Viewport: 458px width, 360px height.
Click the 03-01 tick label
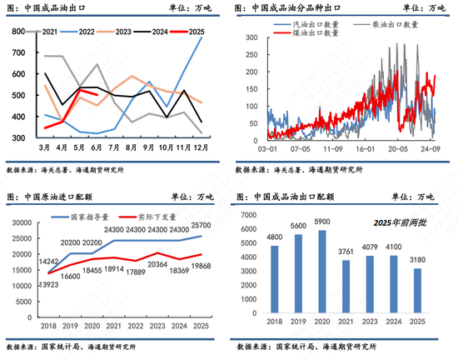tap(267, 147)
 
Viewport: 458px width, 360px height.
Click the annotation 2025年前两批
tap(396, 223)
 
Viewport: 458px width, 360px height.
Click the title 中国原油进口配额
tap(63, 197)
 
